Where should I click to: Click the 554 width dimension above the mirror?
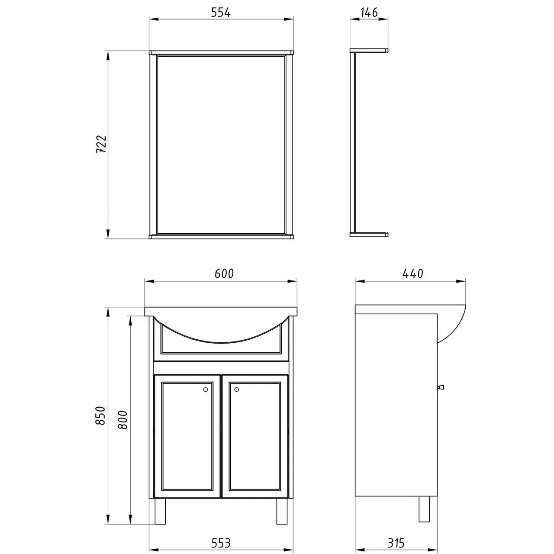[x=220, y=13]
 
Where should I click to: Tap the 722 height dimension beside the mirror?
[x=101, y=144]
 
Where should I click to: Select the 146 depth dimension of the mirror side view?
[x=369, y=13]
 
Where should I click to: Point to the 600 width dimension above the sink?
[x=224, y=274]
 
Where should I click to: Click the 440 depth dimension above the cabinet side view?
[x=413, y=274]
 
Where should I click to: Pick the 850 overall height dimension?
[x=100, y=415]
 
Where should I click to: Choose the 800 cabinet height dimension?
[x=123, y=420]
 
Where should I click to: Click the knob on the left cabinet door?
[x=205, y=390]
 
